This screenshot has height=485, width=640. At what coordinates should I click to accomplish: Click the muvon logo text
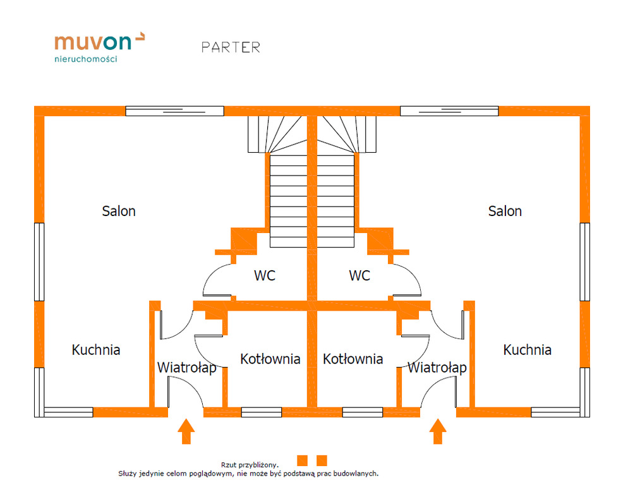tap(94, 42)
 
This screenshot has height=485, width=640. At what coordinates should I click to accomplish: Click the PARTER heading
tap(231, 47)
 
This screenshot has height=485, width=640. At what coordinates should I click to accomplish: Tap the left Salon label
tap(119, 211)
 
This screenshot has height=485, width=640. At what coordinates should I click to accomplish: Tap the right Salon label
tap(505, 211)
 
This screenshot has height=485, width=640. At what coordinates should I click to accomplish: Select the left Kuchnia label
tap(96, 350)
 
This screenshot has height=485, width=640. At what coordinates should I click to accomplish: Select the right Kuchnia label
tap(527, 350)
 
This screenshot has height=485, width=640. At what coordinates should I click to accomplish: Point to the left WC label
tap(265, 276)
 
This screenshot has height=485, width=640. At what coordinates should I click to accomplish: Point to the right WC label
tap(359, 276)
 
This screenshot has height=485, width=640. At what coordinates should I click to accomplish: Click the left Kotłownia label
tap(270, 359)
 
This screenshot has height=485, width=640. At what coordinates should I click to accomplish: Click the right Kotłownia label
tap(353, 359)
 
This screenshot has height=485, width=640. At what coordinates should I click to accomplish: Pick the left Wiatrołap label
tap(186, 368)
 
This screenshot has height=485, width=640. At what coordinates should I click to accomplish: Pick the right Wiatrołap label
tap(437, 368)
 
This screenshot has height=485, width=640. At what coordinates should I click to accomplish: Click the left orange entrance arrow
tap(186, 432)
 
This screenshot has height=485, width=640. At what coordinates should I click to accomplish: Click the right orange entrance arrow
tap(437, 432)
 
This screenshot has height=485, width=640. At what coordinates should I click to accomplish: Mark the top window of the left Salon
tap(174, 111)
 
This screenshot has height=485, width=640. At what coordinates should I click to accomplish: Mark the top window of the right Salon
tap(449, 111)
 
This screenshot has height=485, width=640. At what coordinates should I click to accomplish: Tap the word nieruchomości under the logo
tap(86, 59)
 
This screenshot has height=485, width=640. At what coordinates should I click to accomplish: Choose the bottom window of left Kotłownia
tap(261, 412)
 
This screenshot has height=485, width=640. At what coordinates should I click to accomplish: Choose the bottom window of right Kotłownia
tap(362, 412)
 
